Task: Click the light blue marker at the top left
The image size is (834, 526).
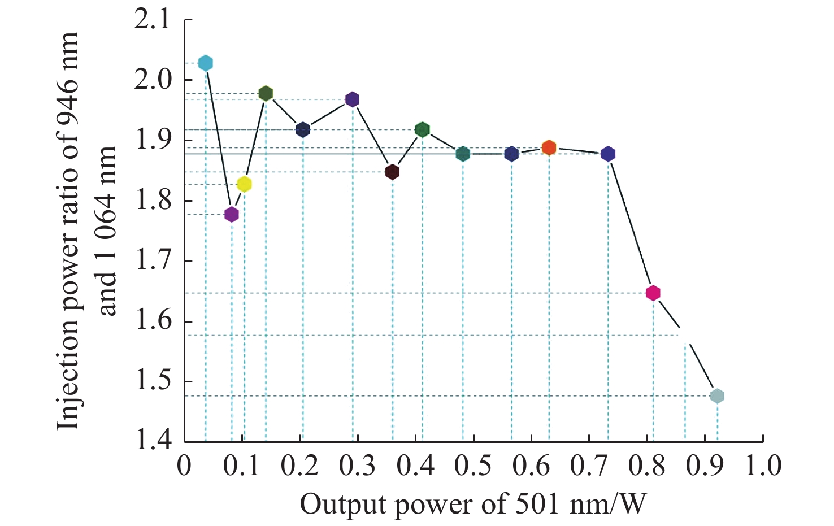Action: point(206,63)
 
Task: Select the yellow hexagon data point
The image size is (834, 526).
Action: point(244,184)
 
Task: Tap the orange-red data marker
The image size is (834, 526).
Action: point(549,148)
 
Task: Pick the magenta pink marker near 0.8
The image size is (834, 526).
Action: point(653,293)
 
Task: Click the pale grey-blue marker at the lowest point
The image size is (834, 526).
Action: point(717,396)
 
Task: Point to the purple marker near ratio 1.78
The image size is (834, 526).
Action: point(232,214)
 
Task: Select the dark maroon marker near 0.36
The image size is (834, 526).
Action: point(393,172)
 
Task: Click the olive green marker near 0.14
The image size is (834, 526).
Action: point(266,94)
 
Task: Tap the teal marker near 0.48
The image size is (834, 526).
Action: point(463,154)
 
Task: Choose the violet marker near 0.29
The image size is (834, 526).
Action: point(353,99)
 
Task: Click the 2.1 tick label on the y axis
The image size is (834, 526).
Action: point(152,20)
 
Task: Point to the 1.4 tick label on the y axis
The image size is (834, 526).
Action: point(152,441)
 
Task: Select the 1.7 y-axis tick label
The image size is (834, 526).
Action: point(152,262)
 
